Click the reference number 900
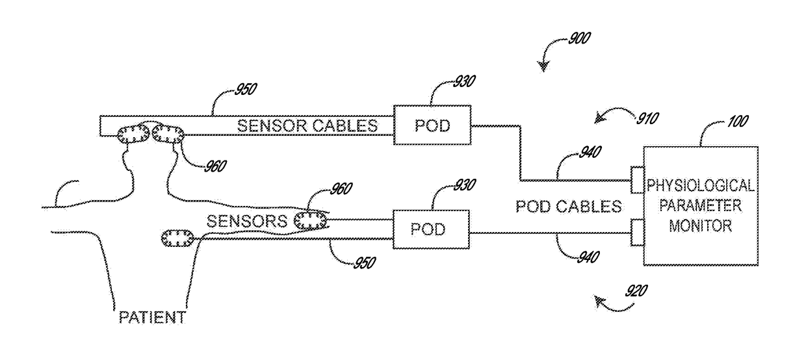click(580, 38)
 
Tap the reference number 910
click(647, 118)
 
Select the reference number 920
click(636, 291)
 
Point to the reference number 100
click(738, 122)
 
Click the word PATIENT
click(152, 318)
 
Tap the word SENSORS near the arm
click(247, 221)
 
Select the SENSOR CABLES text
click(307, 126)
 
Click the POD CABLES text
click(569, 207)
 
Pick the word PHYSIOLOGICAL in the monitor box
click(700, 186)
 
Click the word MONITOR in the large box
click(700, 226)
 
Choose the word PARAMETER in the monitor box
click(700, 206)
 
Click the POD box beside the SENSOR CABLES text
click(432, 125)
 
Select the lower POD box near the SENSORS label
click(431, 229)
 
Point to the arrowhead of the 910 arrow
click(599, 119)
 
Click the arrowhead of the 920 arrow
click(599, 301)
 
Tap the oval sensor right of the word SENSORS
click(310, 220)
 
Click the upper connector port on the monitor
click(637, 180)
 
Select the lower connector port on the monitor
click(637, 233)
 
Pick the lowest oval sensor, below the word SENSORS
click(177, 238)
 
